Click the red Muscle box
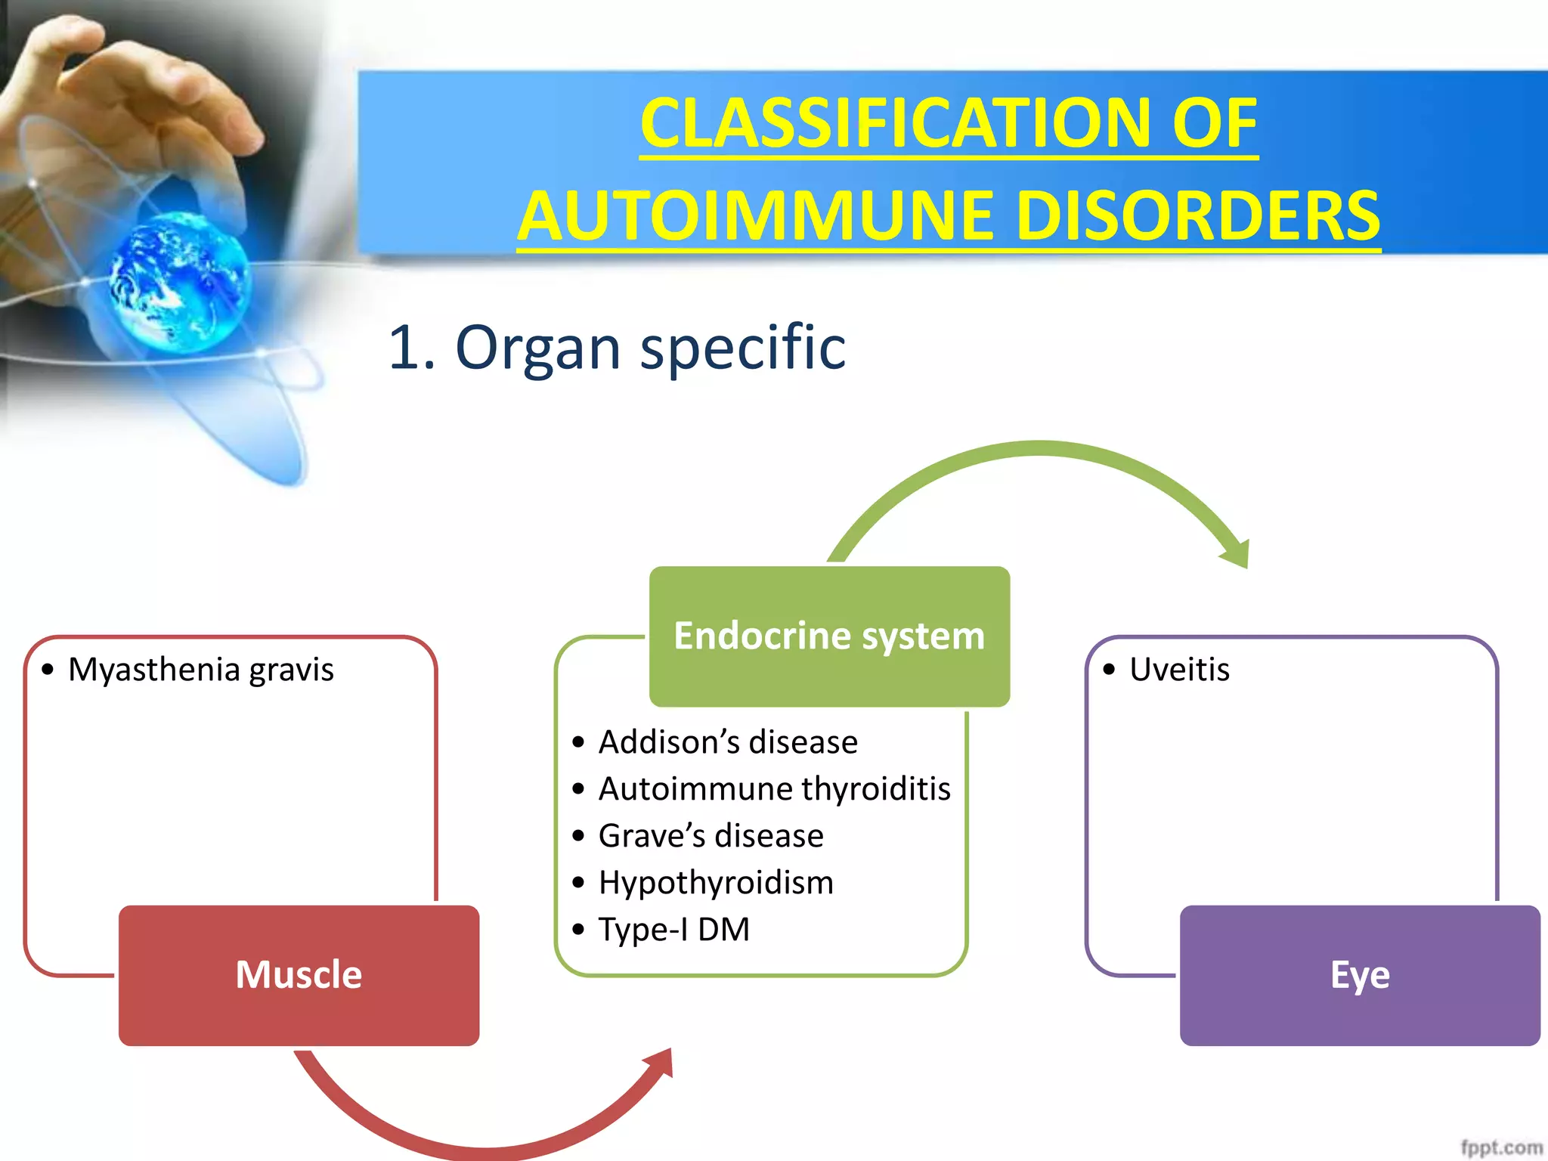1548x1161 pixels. (299, 975)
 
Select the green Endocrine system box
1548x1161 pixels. (829, 636)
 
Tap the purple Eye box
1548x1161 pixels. (1359, 975)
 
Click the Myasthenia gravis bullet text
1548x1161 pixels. (200, 670)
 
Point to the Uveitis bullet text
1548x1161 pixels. (1178, 670)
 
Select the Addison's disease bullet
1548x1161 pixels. (727, 742)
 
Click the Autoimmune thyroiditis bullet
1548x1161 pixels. (774, 789)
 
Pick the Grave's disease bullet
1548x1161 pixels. (711, 836)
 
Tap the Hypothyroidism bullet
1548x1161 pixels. (715, 883)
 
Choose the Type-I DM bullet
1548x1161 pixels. (673, 930)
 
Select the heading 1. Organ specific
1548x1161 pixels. (616, 348)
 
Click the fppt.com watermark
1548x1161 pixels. (1500, 1147)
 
